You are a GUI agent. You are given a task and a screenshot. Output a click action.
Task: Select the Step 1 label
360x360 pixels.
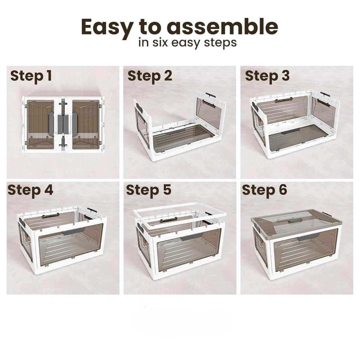pos(31,76)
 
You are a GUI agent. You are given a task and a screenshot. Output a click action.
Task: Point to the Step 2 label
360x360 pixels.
pos(150,76)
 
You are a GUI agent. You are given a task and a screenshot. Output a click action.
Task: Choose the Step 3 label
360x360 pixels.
pos(267,76)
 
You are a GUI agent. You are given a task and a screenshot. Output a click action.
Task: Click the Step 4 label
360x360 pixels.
pos(30,191)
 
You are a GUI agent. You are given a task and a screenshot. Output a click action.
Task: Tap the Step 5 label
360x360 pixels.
pos(149,191)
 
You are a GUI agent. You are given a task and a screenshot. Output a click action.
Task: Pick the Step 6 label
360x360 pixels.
pos(265,191)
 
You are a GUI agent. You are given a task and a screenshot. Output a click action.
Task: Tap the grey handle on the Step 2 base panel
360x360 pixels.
pos(175,131)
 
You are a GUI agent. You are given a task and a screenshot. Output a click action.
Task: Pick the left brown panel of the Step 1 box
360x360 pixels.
pos(40,124)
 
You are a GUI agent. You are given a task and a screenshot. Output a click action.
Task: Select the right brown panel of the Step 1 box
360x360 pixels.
pos(85,124)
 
